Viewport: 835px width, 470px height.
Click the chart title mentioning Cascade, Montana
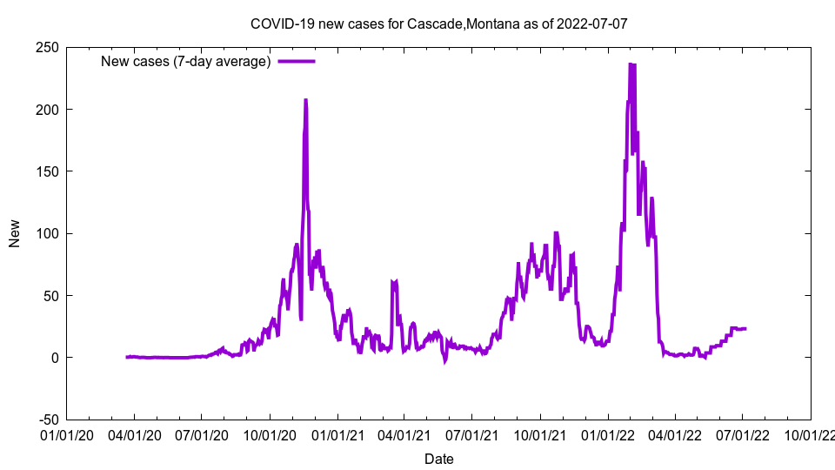click(438, 24)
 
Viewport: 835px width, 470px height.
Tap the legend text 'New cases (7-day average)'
click(186, 62)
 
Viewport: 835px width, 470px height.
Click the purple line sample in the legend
click(296, 62)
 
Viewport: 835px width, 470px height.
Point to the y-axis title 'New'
click(15, 233)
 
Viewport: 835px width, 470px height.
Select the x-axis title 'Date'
click(438, 459)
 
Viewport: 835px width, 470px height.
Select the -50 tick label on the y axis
click(46, 420)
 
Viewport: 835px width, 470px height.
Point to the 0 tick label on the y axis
click(54, 358)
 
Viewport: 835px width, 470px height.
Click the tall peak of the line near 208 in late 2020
click(305, 100)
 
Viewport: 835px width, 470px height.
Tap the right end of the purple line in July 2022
click(745, 328)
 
